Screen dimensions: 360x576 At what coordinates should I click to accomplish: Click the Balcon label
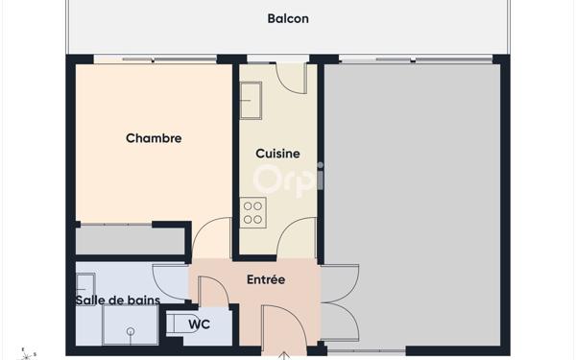[x=288, y=18]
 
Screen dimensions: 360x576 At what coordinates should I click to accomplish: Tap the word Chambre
[x=154, y=138]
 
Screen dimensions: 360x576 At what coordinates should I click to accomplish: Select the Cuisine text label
[x=277, y=154]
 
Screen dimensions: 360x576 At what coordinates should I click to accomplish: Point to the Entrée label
[x=266, y=280]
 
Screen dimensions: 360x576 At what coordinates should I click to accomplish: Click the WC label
[x=199, y=324]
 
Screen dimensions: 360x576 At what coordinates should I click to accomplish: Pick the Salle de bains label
[x=117, y=300]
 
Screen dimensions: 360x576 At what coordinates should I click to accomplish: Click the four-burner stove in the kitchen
[x=253, y=212]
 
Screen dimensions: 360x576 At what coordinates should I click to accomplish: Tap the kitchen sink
[x=252, y=99]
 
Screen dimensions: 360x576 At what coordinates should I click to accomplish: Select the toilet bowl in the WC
[x=179, y=324]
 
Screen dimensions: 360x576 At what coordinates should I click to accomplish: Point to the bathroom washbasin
[x=85, y=284]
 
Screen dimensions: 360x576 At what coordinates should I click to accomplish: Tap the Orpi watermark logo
[x=288, y=179]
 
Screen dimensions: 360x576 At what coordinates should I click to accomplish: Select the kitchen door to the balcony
[x=291, y=77]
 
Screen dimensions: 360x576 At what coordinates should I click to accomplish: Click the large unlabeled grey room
[x=412, y=202]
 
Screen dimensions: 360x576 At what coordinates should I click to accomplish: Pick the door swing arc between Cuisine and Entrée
[x=299, y=235]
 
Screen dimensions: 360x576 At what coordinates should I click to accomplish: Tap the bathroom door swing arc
[x=171, y=281]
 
